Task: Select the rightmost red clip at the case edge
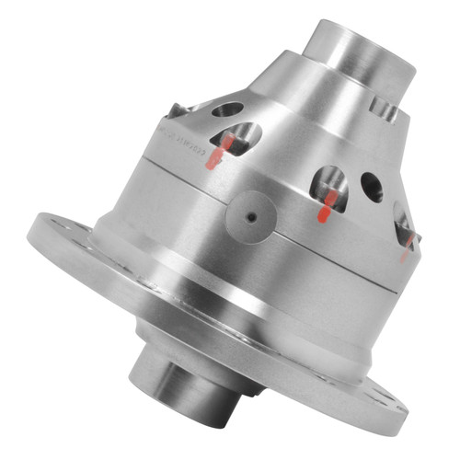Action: [x=406, y=246]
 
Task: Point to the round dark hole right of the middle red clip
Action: [x=372, y=187]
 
